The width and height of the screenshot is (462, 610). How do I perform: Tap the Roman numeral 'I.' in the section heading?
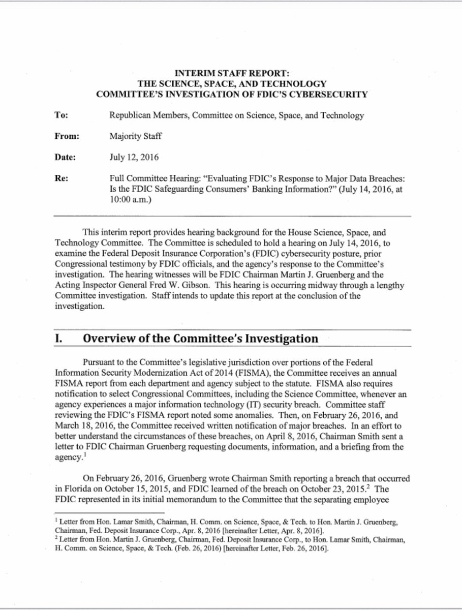tap(59, 339)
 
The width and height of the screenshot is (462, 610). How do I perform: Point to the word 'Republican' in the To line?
tap(131, 115)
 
